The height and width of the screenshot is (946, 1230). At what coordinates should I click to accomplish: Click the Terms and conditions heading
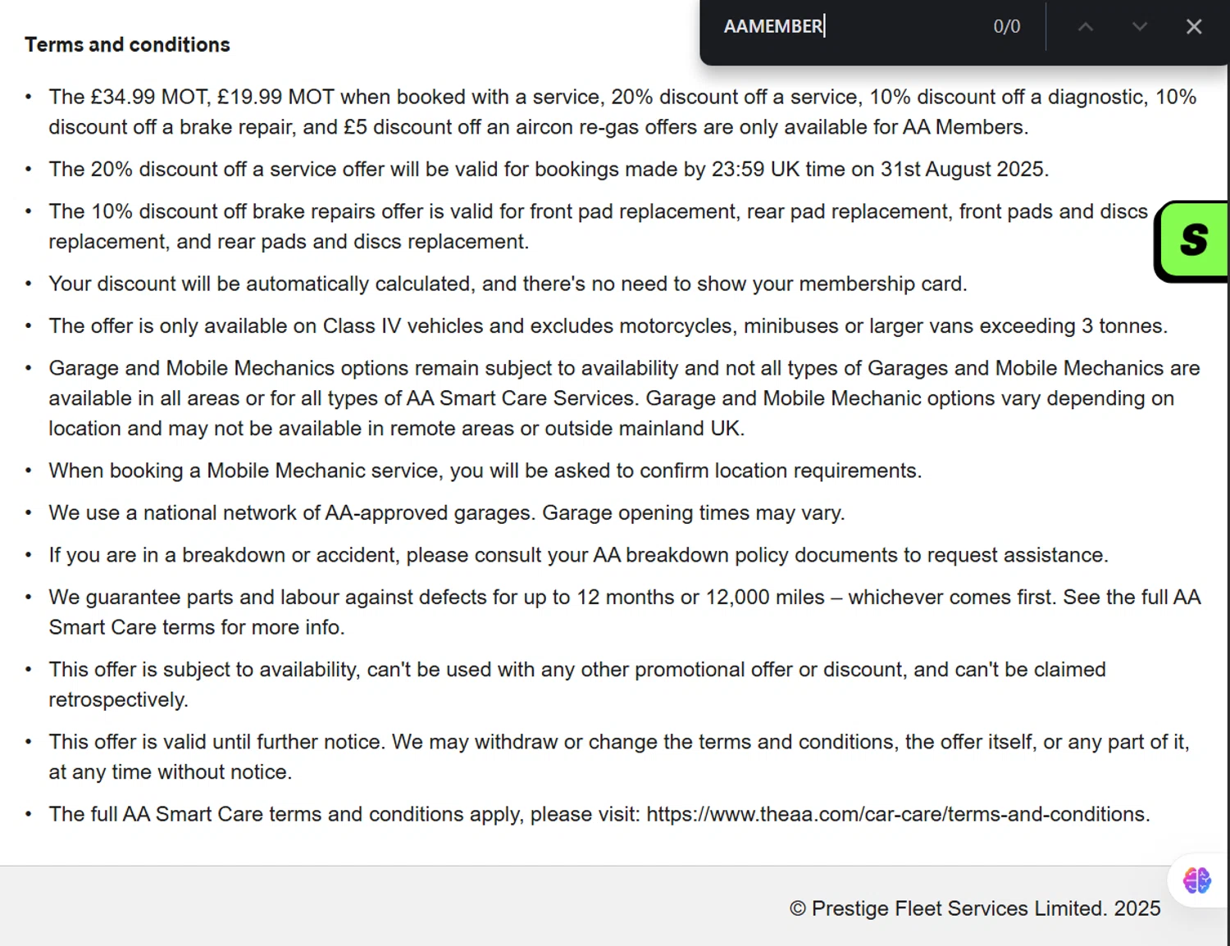[x=127, y=44]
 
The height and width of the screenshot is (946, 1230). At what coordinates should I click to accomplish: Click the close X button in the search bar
[x=1194, y=26]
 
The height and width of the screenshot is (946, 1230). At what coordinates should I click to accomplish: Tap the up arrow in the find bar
[x=1086, y=26]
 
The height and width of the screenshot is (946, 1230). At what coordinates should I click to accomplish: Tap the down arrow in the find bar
[x=1139, y=26]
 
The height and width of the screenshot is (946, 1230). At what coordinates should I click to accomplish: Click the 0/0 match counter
[x=1006, y=26]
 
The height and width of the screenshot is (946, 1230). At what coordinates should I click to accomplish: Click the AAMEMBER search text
[x=772, y=26]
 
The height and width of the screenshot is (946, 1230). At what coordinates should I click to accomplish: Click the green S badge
[x=1194, y=240]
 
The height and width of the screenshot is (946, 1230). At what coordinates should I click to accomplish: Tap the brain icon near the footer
[x=1196, y=880]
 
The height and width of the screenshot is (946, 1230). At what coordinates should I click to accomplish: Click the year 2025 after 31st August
[x=1020, y=169]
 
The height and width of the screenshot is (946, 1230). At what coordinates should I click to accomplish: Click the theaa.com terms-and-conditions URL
[x=897, y=814]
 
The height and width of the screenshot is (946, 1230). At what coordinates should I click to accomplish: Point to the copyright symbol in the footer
[x=797, y=908]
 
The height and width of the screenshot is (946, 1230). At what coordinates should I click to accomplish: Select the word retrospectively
[x=117, y=699]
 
